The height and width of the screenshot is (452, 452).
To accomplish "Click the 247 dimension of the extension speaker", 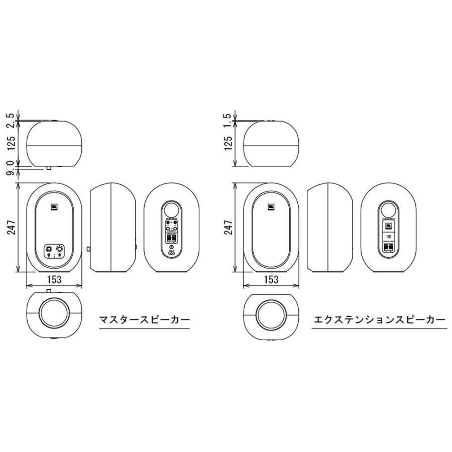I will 229,228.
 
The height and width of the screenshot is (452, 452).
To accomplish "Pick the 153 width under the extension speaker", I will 270,279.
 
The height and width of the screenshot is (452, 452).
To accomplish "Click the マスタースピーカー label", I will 144,319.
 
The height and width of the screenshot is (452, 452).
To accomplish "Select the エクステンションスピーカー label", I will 379,319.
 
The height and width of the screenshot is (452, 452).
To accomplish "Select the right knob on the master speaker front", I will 60,248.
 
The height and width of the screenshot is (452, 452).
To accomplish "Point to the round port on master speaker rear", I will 171,209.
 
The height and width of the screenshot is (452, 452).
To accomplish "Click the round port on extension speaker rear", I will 388,209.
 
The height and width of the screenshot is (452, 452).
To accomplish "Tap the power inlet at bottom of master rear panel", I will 171,253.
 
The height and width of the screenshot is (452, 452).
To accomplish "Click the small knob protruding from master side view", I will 88,248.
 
